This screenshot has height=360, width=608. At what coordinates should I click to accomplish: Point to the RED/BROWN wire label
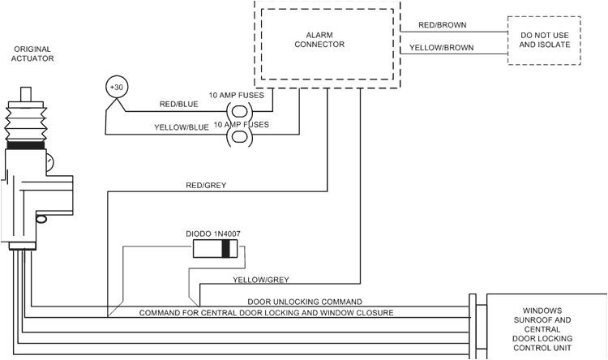click(x=442, y=25)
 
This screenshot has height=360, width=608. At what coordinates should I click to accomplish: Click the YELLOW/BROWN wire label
click(x=442, y=47)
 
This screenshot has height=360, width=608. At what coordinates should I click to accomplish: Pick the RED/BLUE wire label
click(x=178, y=105)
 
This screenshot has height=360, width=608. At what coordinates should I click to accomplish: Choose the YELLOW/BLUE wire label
click(x=181, y=126)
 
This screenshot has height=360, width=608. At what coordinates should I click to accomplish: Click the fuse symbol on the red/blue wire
click(x=240, y=112)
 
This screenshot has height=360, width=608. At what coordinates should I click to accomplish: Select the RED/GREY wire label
click(x=206, y=185)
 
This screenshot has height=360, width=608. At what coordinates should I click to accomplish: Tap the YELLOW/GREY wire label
click(x=260, y=280)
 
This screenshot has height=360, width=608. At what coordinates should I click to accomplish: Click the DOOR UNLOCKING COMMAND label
click(x=304, y=301)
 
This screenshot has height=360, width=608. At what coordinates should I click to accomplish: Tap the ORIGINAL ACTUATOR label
click(x=32, y=54)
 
